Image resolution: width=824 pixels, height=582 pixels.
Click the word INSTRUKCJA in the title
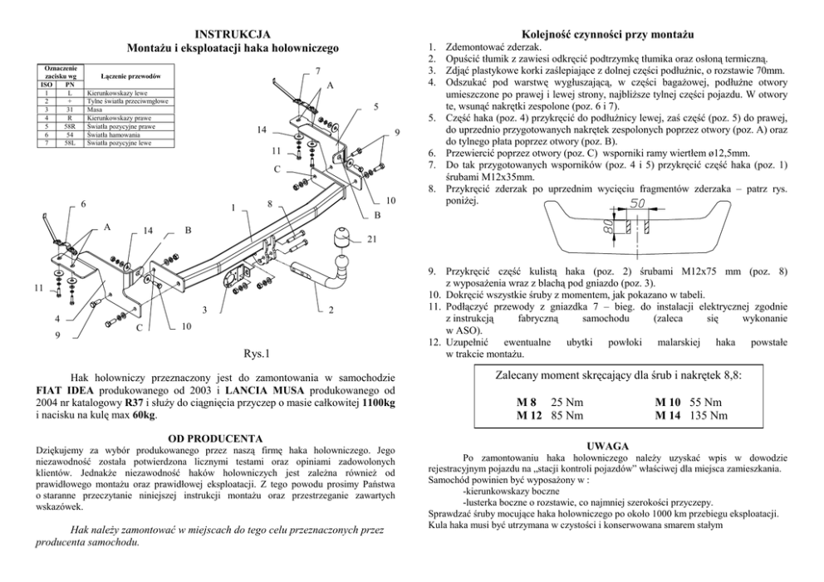232,34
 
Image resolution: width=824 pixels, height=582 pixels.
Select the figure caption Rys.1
257,355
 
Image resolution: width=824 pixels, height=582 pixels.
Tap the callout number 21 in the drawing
371,240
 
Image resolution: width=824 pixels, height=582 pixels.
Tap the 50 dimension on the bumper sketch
637,203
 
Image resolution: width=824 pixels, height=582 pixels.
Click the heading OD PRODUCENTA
215,438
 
